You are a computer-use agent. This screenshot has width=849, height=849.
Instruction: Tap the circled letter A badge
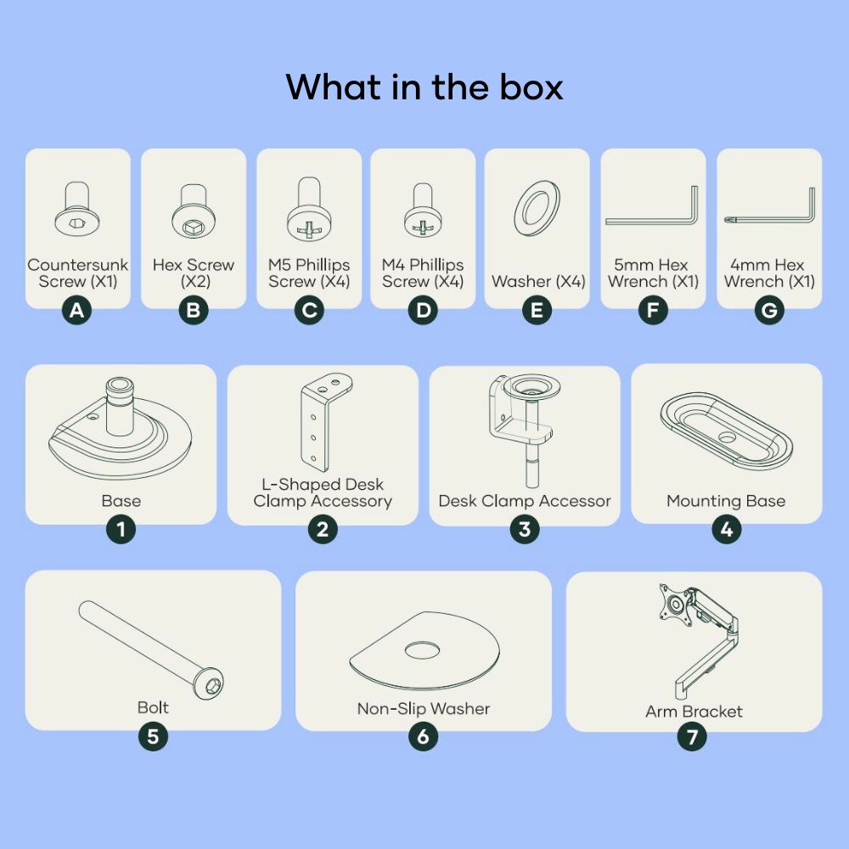[x=77, y=310]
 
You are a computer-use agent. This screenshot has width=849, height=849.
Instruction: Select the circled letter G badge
[x=769, y=310]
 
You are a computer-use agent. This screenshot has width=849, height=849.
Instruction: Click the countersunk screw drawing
[x=77, y=209]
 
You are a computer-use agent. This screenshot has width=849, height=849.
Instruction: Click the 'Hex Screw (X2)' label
[x=194, y=273]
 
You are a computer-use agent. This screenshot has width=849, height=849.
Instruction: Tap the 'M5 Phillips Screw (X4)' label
[x=309, y=273]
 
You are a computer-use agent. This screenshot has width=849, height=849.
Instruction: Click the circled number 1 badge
[x=121, y=529]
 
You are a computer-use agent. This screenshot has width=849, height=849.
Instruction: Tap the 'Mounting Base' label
[x=726, y=501]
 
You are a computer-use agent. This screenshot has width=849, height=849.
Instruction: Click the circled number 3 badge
[x=525, y=529]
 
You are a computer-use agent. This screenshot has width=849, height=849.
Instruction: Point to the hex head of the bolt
[x=209, y=683]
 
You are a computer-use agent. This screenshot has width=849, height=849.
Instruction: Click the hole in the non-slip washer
[x=422, y=649]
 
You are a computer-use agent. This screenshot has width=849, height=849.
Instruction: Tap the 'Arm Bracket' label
[x=694, y=711]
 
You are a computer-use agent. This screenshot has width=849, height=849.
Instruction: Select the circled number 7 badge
[x=692, y=736]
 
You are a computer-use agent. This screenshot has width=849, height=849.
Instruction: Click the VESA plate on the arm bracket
[x=675, y=604]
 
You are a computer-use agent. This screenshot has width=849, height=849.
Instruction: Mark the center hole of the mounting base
[x=727, y=436]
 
